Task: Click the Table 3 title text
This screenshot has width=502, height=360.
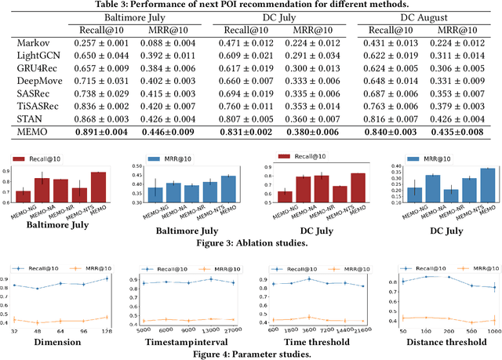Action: [250, 5]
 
